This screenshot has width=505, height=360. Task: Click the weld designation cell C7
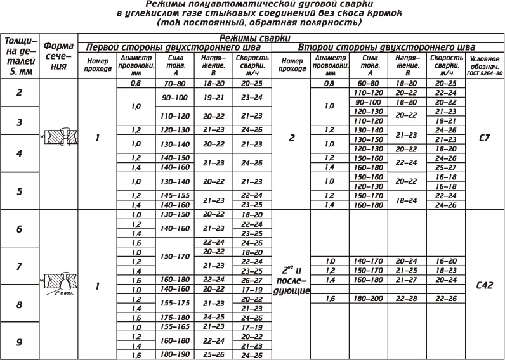tap(483, 137)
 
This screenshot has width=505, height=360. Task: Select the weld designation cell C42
tap(483, 285)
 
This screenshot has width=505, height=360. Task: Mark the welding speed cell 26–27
tap(251, 280)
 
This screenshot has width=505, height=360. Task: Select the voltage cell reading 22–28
tap(406, 298)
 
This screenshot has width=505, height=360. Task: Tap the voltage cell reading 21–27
tap(406, 280)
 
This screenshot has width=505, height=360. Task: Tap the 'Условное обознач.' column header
tap(485, 65)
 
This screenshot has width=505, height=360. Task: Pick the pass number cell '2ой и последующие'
tap(291, 280)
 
